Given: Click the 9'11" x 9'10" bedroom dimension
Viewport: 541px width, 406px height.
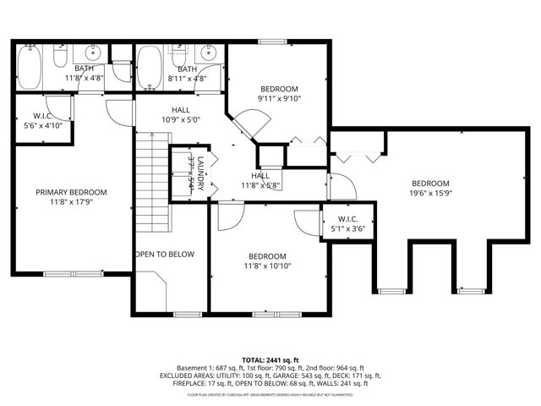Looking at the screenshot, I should [x=279, y=99].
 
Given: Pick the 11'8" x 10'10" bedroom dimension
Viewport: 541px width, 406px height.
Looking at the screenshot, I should [x=266, y=267].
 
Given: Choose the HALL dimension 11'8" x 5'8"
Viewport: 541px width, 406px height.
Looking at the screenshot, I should [x=260, y=185].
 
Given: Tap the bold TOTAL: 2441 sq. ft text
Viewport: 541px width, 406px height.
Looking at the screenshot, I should [x=270, y=359].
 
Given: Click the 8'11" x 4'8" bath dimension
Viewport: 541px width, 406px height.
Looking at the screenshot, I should [x=187, y=79].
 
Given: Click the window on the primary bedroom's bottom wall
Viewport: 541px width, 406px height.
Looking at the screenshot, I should [x=73, y=273].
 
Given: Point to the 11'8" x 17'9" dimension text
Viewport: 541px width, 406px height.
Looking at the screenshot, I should [x=71, y=202].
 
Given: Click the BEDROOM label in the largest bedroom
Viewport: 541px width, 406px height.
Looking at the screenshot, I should [x=430, y=184].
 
